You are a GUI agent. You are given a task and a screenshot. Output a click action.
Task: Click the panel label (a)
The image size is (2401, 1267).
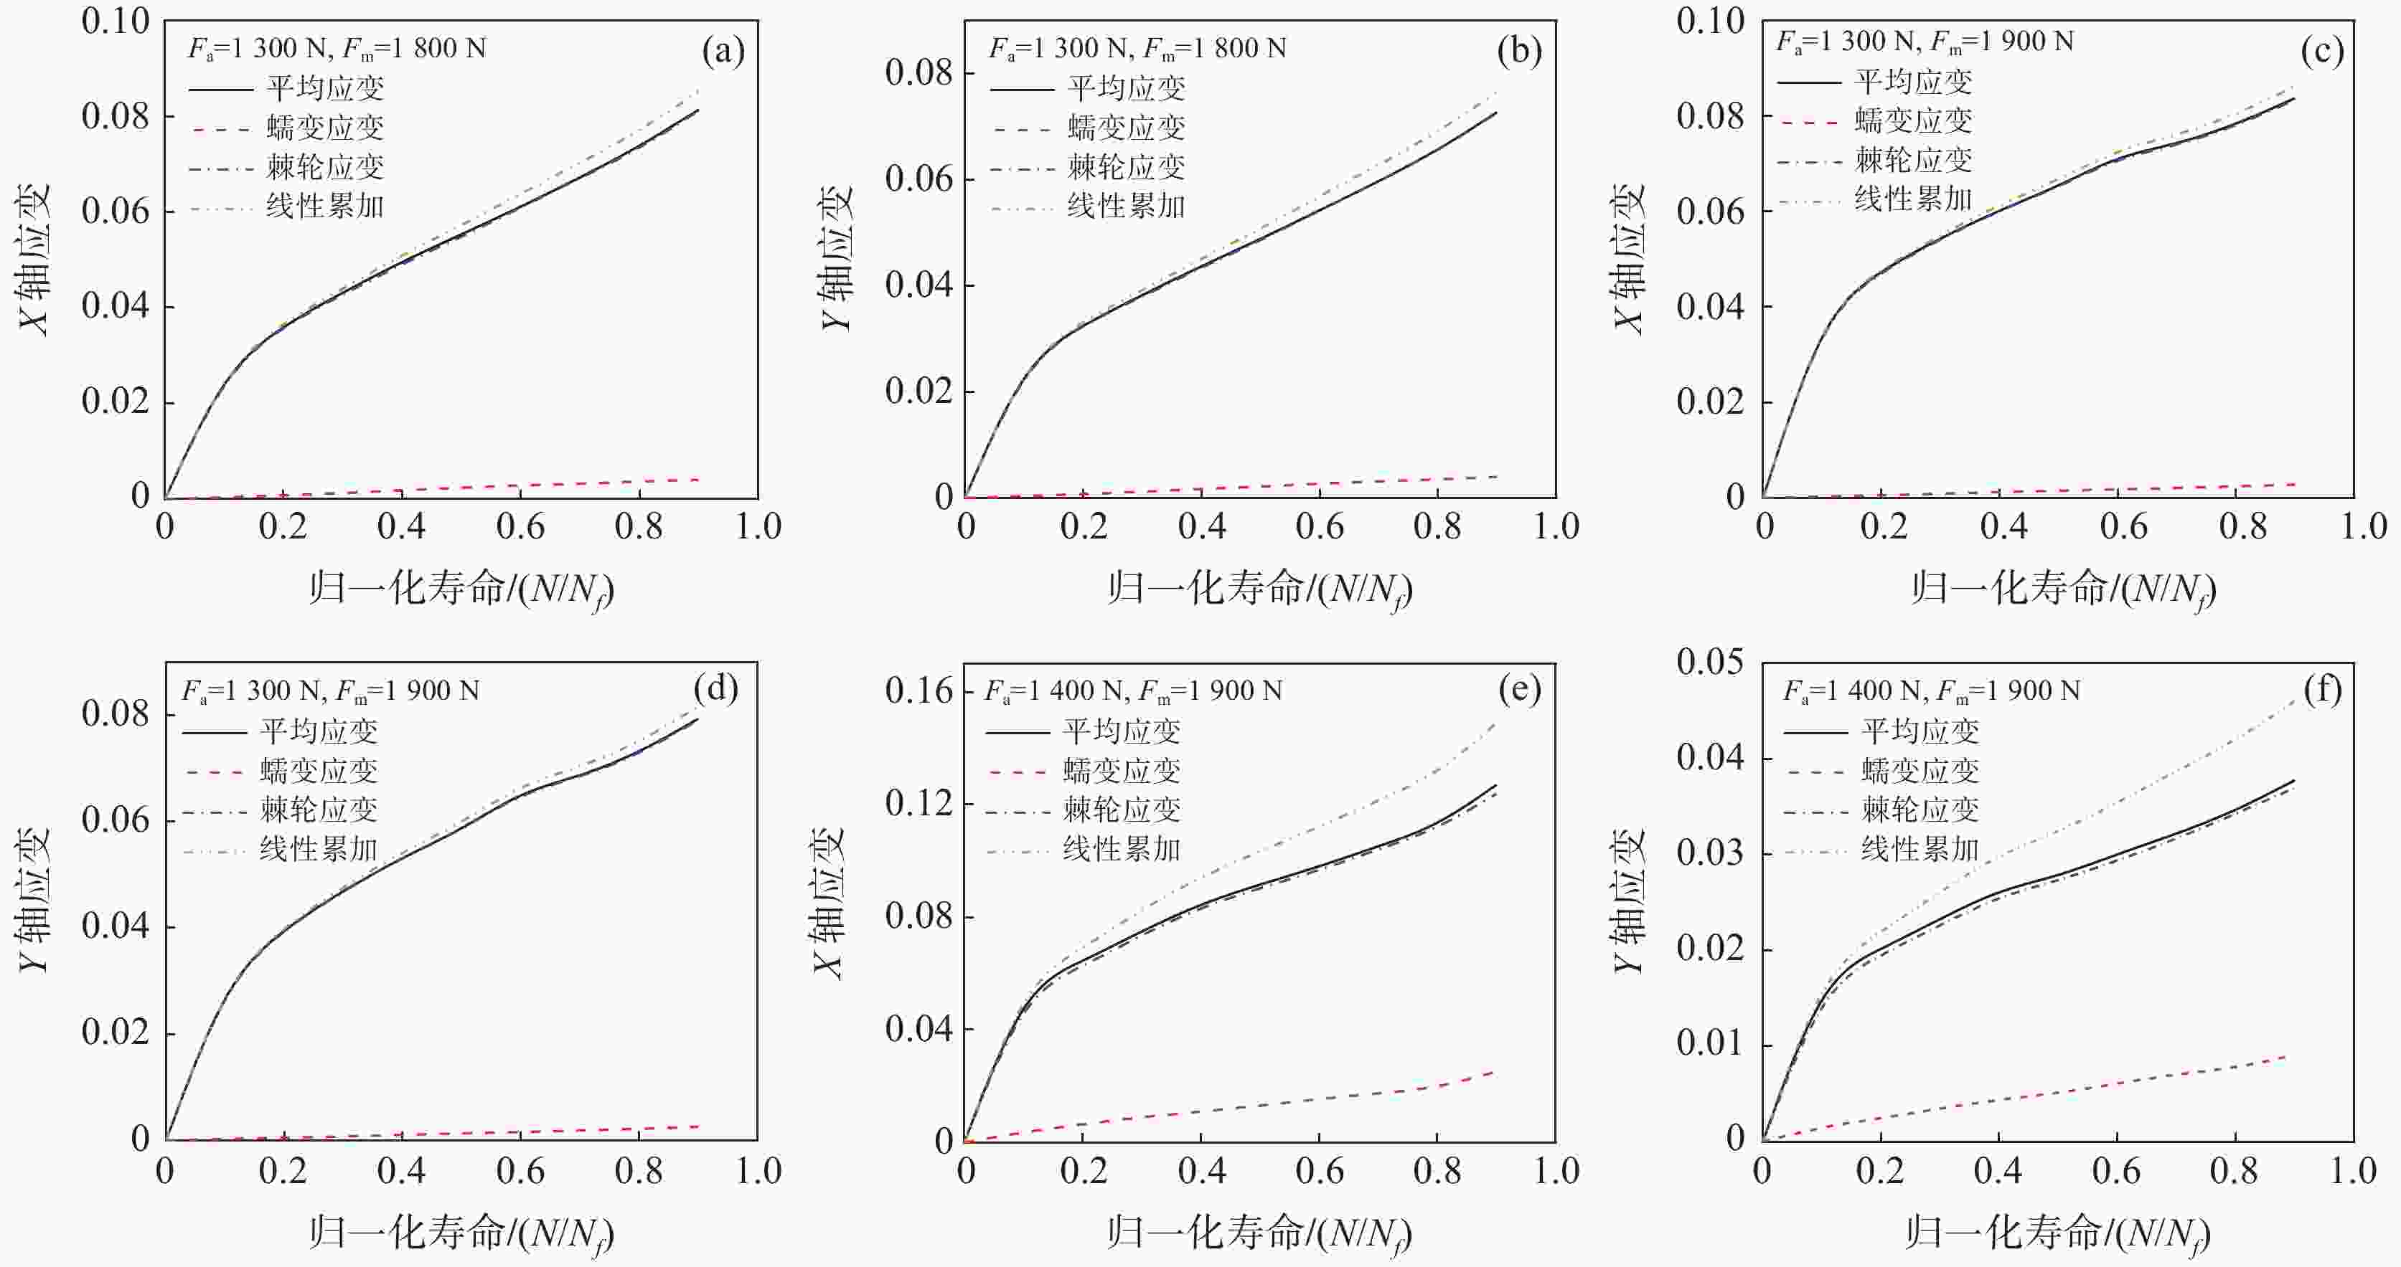pos(723,51)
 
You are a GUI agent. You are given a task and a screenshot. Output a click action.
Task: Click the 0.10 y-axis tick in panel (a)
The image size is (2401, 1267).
pos(116,21)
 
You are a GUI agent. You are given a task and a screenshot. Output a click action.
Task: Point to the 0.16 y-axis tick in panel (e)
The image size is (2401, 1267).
pos(919,691)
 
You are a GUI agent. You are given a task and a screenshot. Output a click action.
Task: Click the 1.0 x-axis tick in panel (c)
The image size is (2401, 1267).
pos(2364,526)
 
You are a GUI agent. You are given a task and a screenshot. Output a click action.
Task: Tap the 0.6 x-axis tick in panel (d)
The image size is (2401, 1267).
pos(520,1171)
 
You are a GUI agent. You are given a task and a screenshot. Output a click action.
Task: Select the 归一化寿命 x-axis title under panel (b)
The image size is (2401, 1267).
pos(1259,589)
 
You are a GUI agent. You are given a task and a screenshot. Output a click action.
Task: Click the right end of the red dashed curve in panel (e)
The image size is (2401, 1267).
pos(1494,1072)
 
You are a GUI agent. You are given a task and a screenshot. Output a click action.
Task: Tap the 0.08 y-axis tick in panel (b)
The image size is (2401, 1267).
pos(919,72)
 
